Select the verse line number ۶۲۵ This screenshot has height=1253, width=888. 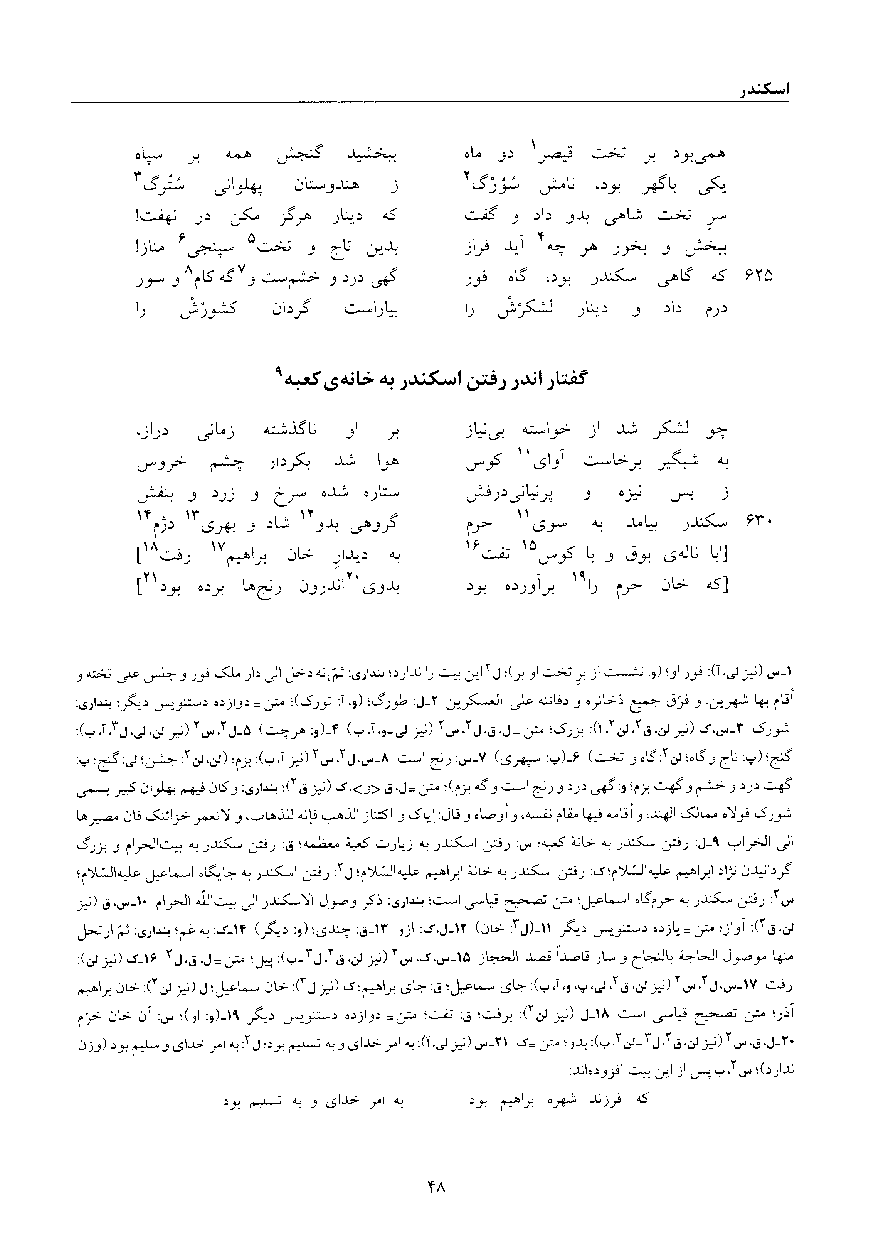coord(758,276)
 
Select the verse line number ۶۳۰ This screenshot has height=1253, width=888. coord(758,523)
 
